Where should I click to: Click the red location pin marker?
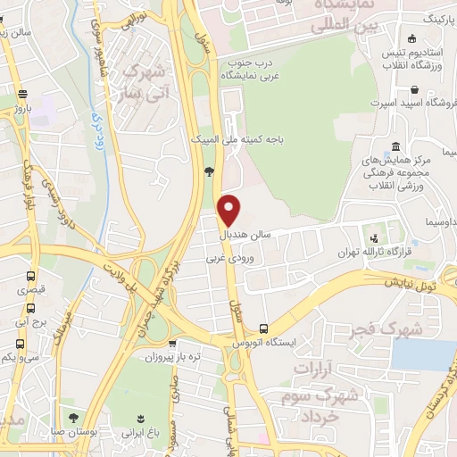[230, 209]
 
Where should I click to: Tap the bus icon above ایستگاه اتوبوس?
[262, 328]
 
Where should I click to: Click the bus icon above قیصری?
[31, 277]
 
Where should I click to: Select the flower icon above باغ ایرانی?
[140, 418]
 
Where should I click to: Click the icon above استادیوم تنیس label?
[411, 37]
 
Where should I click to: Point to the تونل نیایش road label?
[413, 284]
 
